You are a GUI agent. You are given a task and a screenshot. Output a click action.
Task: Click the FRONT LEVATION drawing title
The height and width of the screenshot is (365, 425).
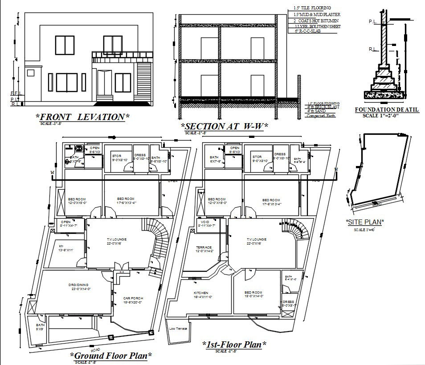pos(82,117)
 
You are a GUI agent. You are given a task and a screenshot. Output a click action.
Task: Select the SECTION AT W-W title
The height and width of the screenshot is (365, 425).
pos(224,127)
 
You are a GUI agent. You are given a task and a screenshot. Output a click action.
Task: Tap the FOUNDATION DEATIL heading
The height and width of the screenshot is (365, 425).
pos(386,109)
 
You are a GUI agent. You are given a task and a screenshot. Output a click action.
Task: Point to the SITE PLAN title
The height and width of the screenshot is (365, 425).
pos(365,222)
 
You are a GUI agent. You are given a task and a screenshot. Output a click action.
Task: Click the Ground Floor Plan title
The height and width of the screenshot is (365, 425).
pos(111,355)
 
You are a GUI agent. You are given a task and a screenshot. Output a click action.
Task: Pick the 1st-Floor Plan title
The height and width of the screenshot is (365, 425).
pos(234,344)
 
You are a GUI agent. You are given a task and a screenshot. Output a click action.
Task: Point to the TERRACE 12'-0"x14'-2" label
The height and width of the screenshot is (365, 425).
pos(205,249)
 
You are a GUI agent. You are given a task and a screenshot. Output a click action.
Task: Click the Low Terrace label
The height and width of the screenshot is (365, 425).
pos(178,329)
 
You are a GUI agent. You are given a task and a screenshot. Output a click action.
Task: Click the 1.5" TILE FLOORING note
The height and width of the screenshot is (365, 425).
pos(312,8)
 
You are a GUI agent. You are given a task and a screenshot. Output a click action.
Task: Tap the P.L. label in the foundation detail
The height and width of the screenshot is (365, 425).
pos(373,21)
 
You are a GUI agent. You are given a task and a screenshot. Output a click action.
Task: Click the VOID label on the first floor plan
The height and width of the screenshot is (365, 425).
pos(205,222)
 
